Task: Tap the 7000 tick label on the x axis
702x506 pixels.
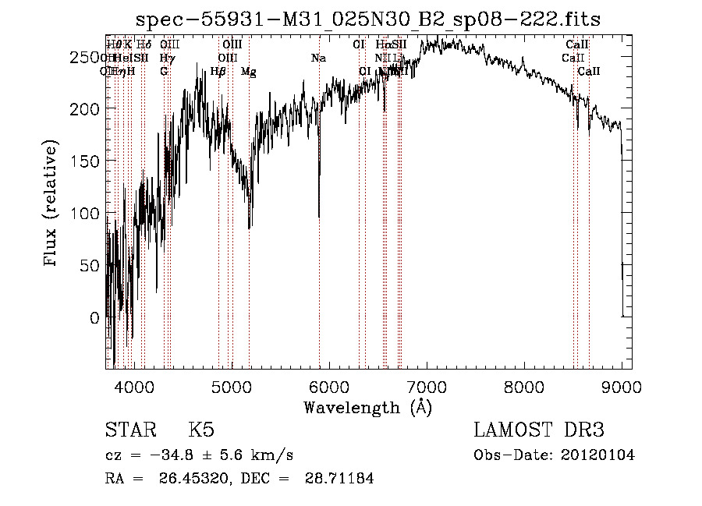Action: pyautogui.click(x=427, y=386)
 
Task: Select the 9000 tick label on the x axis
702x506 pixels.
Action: pyautogui.click(x=622, y=386)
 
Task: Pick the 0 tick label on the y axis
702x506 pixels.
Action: pyautogui.click(x=94, y=318)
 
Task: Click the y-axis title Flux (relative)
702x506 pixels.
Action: pyautogui.click(x=52, y=204)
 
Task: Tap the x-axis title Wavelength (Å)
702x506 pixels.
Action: pyautogui.click(x=367, y=407)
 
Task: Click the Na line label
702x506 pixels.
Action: pyautogui.click(x=318, y=58)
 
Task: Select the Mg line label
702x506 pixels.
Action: pyautogui.click(x=249, y=72)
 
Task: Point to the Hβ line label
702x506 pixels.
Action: pyautogui.click(x=218, y=72)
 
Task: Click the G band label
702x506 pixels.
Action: pyautogui.click(x=164, y=72)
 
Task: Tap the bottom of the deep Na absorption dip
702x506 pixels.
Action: pyautogui.click(x=319, y=217)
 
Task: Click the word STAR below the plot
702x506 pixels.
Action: pyautogui.click(x=129, y=430)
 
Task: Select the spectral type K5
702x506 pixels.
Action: pyautogui.click(x=201, y=430)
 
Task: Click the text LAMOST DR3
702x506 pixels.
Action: pyautogui.click(x=539, y=430)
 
